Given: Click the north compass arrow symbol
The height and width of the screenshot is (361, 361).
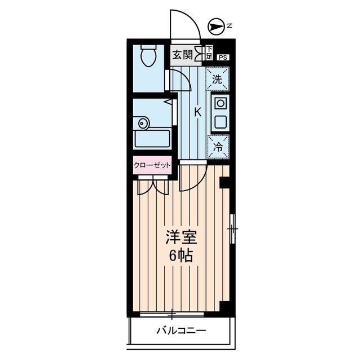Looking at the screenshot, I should tap(214, 25).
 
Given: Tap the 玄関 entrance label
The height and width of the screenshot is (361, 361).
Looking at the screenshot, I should tap(182, 55).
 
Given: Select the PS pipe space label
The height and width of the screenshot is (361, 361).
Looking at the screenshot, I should tap(224, 57).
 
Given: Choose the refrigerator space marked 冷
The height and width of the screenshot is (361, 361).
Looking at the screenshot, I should tap(217, 146).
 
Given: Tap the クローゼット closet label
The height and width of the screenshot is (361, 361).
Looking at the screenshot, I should tap(152, 165).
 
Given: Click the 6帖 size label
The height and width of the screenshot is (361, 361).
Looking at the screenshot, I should tap(180, 256).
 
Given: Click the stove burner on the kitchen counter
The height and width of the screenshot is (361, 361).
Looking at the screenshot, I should tap(220, 103).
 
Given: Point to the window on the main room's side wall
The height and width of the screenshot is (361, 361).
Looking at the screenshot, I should tap(232, 228).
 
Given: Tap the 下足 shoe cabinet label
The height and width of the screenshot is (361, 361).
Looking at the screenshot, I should tap(208, 54).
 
